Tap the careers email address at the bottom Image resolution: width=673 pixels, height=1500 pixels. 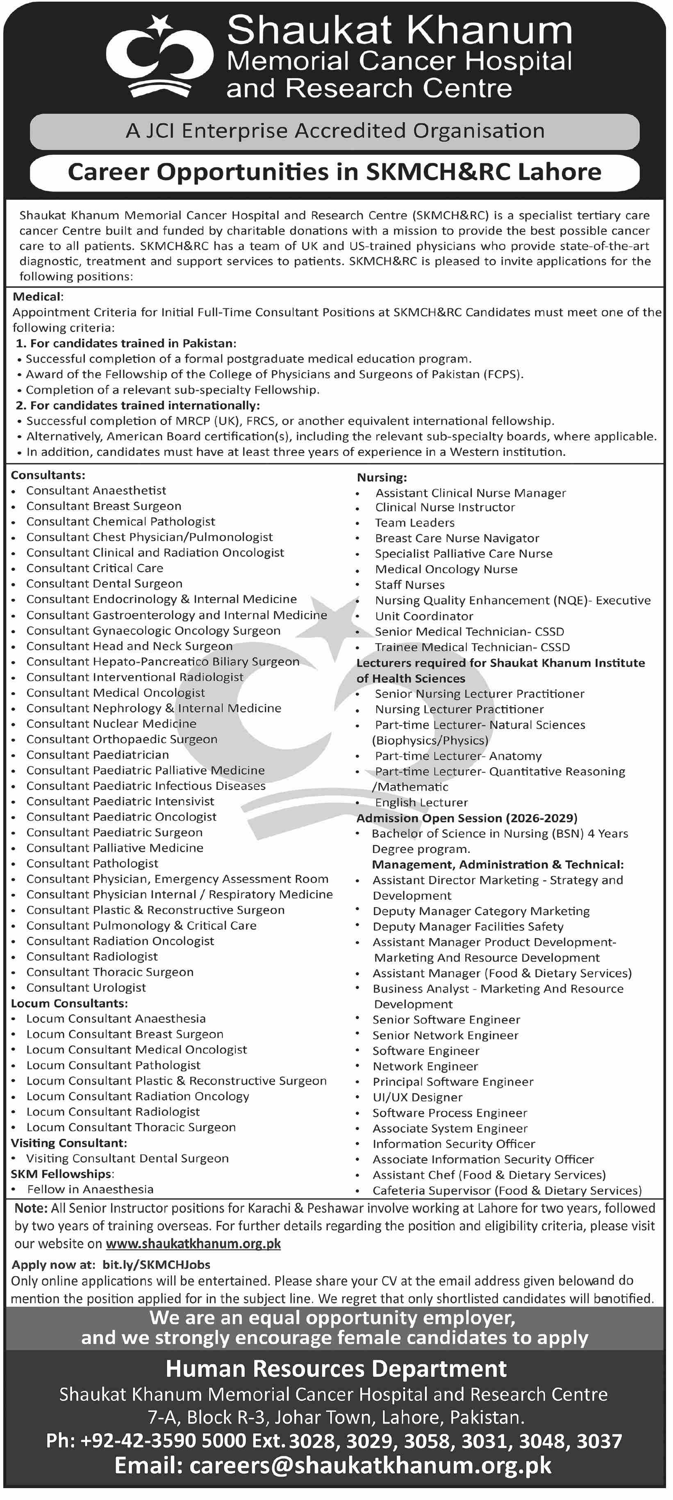point(332,1465)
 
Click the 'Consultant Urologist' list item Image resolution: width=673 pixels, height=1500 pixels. point(86,987)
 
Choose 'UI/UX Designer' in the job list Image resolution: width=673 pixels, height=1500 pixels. point(417,1097)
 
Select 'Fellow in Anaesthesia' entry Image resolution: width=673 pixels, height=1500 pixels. point(90,1189)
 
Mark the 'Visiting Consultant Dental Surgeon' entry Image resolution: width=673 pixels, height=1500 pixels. point(127,1158)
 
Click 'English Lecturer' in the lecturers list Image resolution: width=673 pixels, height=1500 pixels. point(421,802)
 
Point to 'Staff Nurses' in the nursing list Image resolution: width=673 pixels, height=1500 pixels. point(409,585)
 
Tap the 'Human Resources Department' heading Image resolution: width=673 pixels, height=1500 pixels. point(336,1368)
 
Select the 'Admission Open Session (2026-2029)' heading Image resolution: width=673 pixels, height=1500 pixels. point(467,818)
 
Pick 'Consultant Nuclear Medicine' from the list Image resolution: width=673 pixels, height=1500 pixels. point(111,723)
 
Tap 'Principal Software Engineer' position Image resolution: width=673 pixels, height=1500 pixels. point(453,1081)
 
